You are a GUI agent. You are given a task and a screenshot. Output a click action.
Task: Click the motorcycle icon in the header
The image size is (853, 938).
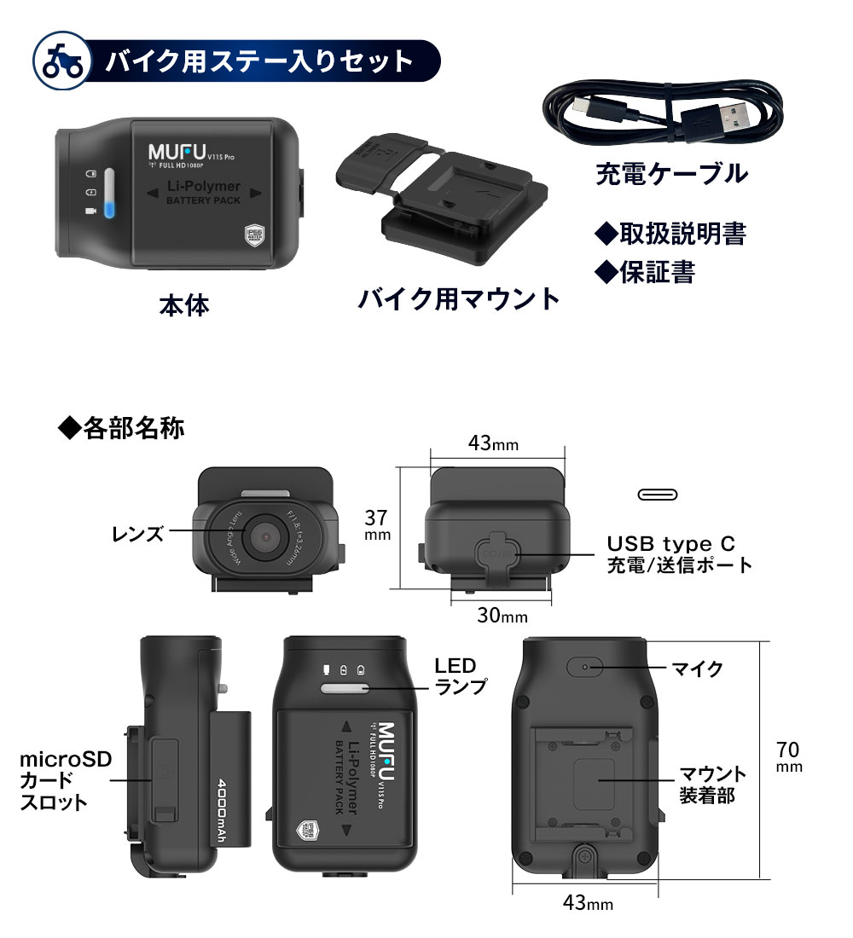pyautogui.click(x=59, y=61)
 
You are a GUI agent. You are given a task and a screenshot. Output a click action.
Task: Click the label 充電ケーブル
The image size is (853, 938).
pyautogui.click(x=670, y=173)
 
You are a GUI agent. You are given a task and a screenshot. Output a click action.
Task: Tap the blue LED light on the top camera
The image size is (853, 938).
pyautogui.click(x=108, y=209)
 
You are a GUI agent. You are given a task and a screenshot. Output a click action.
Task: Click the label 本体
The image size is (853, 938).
pyautogui.click(x=183, y=305)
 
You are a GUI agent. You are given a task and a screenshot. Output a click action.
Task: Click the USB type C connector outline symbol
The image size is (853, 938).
pyautogui.click(x=658, y=495)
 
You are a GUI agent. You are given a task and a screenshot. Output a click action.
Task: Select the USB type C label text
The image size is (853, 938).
pyautogui.click(x=670, y=543)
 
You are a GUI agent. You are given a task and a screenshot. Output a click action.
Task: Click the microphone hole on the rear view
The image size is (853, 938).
pyautogui.click(x=585, y=667)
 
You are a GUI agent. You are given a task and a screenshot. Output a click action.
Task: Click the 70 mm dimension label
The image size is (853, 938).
pyautogui.click(x=789, y=757)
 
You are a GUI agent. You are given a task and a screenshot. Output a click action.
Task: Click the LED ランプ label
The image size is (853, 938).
pyautogui.click(x=461, y=675)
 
